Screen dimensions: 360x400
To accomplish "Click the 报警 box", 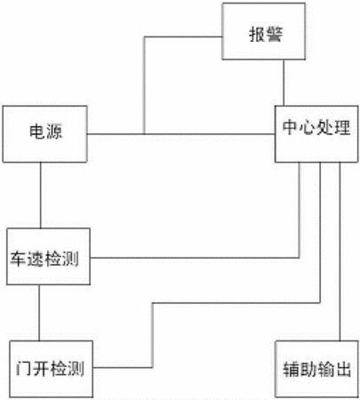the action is pos(264,31).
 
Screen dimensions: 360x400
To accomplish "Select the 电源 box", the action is pos(45,134).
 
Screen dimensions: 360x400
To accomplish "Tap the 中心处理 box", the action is pos(316,134).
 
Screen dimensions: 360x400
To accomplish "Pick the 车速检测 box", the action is pos(49,257).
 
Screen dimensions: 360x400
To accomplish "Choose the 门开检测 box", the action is pos(52,369).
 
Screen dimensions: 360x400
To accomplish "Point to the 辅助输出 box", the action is pos(316,369).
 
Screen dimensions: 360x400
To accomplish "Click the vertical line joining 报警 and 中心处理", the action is pos(284,83).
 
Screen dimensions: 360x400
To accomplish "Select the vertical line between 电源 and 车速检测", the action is pos(41,196).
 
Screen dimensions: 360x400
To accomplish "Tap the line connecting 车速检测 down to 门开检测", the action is pos(39,313).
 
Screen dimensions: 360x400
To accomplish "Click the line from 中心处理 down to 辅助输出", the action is pos(340,252).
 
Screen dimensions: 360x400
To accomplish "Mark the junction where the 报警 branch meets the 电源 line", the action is pos(144,134).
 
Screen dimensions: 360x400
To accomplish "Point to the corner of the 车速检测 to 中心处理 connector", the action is pos(300,258).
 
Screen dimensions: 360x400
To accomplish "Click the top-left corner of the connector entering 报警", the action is pos(144,37).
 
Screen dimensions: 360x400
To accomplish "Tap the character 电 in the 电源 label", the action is pos(36,131).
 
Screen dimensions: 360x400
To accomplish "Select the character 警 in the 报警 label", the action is pos(274,34).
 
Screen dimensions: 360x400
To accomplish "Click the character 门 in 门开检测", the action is pos(24,368).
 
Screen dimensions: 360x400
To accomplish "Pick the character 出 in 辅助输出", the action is pos(343,369).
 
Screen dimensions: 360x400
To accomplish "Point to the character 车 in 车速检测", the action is pos(18,259).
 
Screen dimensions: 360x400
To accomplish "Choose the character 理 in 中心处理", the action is pos(343,127).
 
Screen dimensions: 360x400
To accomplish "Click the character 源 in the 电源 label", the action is pos(53,131).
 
